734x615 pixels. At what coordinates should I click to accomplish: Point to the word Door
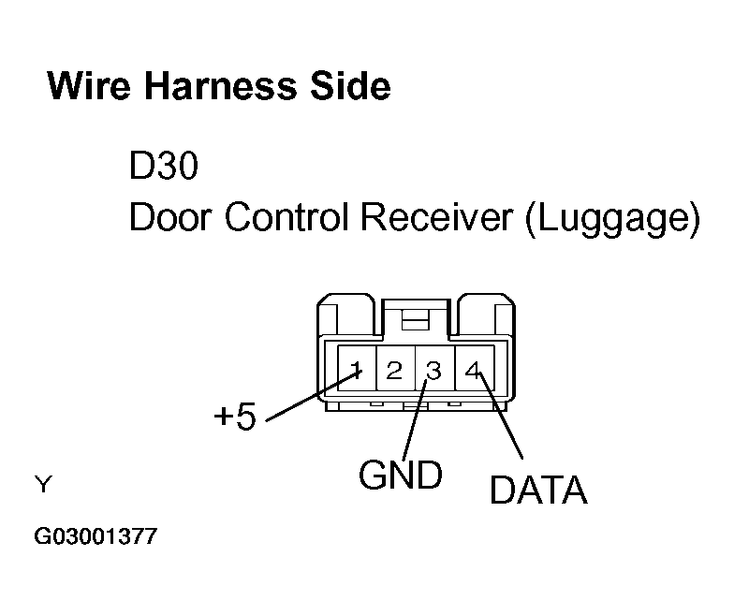[169, 218]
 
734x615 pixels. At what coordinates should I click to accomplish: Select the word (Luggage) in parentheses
[612, 219]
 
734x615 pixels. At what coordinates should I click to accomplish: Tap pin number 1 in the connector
[357, 370]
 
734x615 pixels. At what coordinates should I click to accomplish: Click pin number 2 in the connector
[394, 370]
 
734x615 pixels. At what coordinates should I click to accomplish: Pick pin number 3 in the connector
[433, 370]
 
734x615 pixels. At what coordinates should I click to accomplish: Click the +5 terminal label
[234, 417]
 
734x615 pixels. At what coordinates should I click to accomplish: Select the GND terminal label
[400, 476]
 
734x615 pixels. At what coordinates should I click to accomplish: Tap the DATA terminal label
[538, 490]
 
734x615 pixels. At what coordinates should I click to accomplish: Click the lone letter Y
[42, 485]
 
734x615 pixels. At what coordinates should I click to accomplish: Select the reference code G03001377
[95, 538]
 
